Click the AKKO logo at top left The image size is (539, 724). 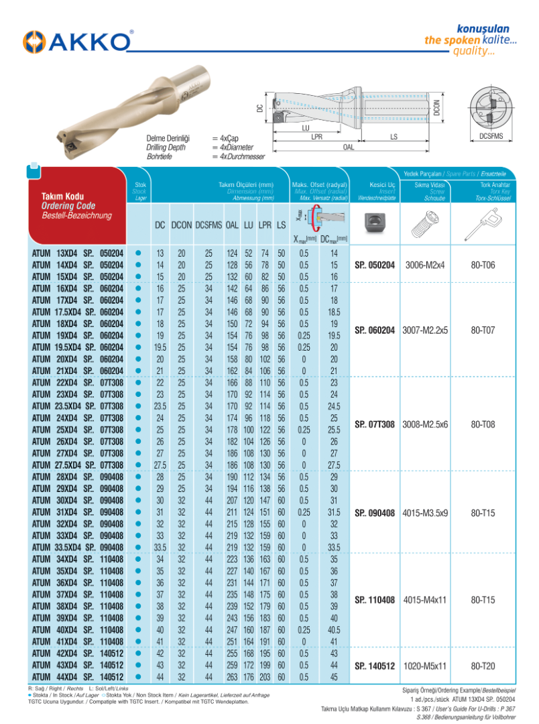[x=77, y=42]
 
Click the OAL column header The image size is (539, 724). [x=233, y=226]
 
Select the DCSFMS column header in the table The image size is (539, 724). [x=208, y=226]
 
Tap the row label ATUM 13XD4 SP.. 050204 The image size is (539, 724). [x=78, y=254]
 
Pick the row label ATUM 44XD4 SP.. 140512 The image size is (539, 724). [x=78, y=678]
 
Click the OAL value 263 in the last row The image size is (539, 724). [x=233, y=678]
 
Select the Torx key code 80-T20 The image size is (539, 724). [x=483, y=666]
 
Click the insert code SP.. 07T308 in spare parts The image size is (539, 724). [x=375, y=424]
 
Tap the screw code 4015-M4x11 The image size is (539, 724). [x=425, y=600]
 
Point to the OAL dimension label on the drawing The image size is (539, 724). [x=349, y=146]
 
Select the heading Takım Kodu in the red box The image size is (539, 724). [x=61, y=196]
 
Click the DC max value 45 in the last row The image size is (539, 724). [x=333, y=678]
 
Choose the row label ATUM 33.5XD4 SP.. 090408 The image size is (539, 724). [x=78, y=547]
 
